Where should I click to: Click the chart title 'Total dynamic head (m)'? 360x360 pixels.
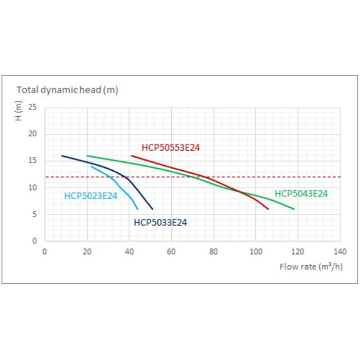(x=67, y=90)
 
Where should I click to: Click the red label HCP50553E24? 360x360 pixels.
(x=171, y=148)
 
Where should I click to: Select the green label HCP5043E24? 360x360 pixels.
(x=301, y=194)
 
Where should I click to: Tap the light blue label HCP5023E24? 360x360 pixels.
(x=91, y=196)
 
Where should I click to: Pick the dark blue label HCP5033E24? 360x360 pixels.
(x=160, y=223)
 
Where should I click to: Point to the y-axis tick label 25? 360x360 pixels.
(x=33, y=107)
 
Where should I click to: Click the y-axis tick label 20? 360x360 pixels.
(x=33, y=134)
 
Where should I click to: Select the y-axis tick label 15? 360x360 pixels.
(x=33, y=161)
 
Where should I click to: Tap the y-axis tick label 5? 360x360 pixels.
(x=34, y=214)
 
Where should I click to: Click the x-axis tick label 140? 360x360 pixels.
(x=340, y=252)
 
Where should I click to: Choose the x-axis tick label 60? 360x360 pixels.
(x=171, y=252)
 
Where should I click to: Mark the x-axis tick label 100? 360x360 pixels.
(x=256, y=252)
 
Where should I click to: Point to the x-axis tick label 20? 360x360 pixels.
(x=87, y=252)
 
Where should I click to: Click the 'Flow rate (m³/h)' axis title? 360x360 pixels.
(x=311, y=266)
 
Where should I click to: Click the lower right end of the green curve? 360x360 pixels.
(x=294, y=209)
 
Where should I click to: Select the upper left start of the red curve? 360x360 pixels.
(x=132, y=155)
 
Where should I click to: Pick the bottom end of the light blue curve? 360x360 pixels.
(x=138, y=209)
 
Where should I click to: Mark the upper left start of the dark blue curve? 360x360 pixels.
(x=62, y=155)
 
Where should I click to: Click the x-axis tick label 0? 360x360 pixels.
(x=45, y=252)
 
